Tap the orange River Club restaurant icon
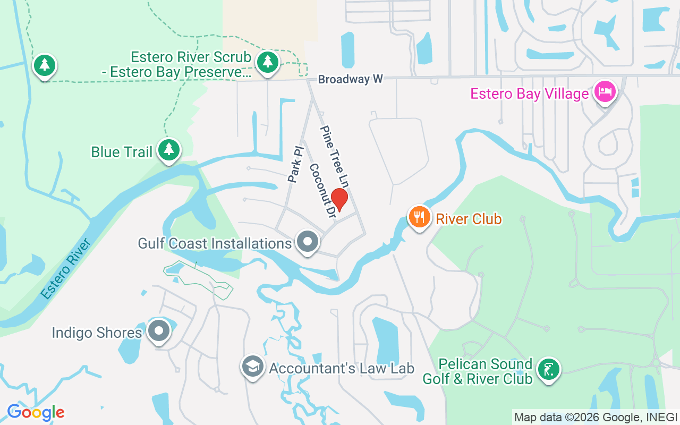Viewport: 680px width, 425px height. coord(420,217)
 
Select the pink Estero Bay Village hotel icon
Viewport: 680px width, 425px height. coord(605,92)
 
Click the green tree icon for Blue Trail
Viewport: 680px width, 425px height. coord(169,150)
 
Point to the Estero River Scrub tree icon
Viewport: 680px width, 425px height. coord(268,62)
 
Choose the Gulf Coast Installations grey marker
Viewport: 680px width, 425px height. coord(307,242)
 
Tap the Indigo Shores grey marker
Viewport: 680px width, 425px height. coord(158,331)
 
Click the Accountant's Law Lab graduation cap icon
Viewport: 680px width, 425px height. coord(253,366)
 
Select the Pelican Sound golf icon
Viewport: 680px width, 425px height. coord(548,369)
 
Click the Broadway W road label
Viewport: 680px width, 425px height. coord(351,80)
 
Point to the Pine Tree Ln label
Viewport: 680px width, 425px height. coord(334,156)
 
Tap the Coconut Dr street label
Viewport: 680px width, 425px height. coord(322,191)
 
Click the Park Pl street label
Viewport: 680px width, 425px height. coord(295,164)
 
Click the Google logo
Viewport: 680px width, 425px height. coord(36,412)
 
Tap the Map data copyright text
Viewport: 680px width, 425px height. coord(596,417)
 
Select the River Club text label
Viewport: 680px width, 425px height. coord(469,218)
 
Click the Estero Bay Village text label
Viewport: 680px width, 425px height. coord(530,94)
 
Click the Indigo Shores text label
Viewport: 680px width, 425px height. coord(97,333)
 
